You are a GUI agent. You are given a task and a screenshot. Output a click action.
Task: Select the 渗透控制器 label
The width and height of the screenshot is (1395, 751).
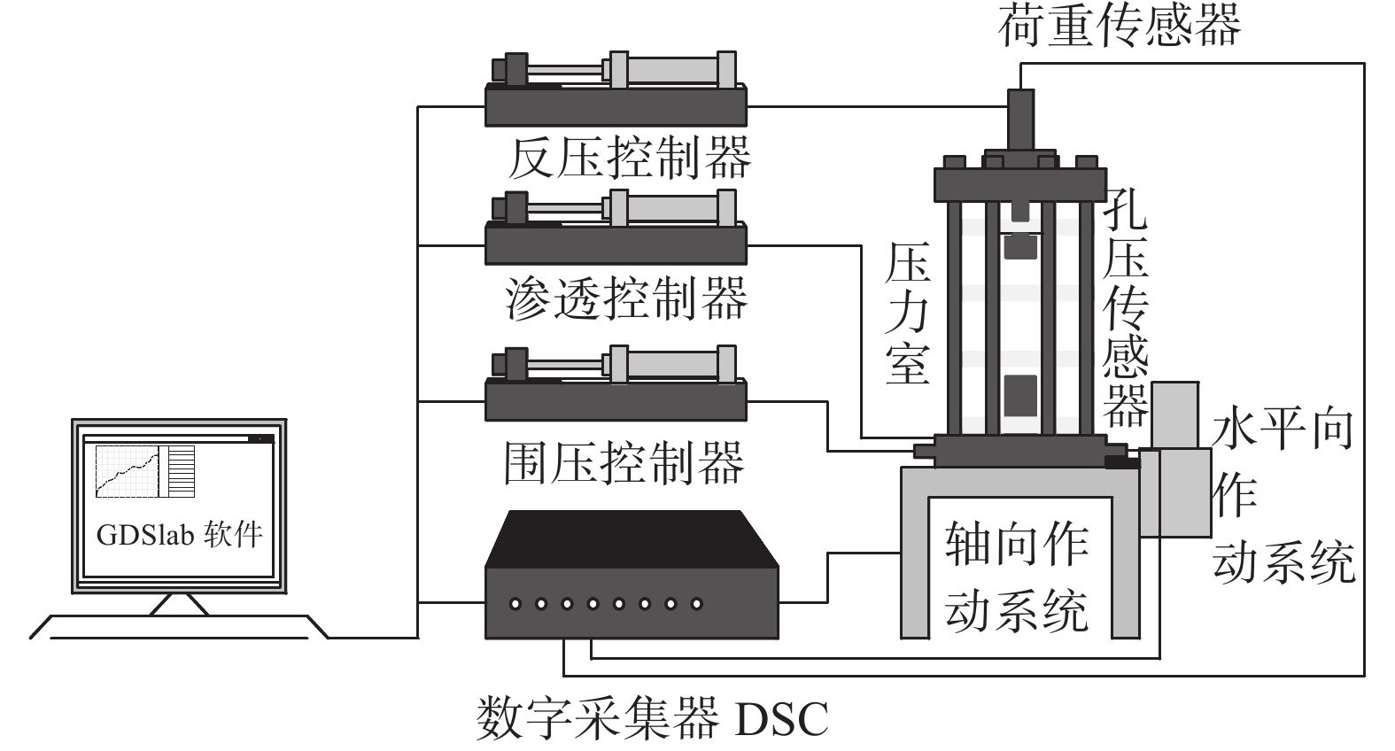click(627, 298)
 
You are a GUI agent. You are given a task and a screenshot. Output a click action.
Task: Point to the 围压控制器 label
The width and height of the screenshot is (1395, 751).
click(624, 462)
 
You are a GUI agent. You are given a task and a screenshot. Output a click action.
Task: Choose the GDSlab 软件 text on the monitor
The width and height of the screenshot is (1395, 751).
click(180, 535)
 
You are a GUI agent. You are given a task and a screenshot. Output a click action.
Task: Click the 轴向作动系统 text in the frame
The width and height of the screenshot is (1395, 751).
click(1018, 576)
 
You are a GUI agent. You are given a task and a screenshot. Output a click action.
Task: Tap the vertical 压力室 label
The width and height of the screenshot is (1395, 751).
click(908, 314)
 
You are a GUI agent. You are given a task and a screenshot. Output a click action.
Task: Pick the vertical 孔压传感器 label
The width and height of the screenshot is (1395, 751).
click(1125, 306)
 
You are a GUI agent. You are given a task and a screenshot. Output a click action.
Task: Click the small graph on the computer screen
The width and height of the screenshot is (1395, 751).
click(129, 470)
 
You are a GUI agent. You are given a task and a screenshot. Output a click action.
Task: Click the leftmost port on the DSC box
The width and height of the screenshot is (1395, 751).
click(515, 604)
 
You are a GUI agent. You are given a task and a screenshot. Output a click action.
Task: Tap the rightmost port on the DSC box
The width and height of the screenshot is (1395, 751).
click(697, 604)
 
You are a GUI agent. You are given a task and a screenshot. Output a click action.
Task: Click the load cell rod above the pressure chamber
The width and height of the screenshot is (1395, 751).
click(1021, 120)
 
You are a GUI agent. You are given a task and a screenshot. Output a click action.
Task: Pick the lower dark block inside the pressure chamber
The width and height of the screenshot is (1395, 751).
click(1021, 395)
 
